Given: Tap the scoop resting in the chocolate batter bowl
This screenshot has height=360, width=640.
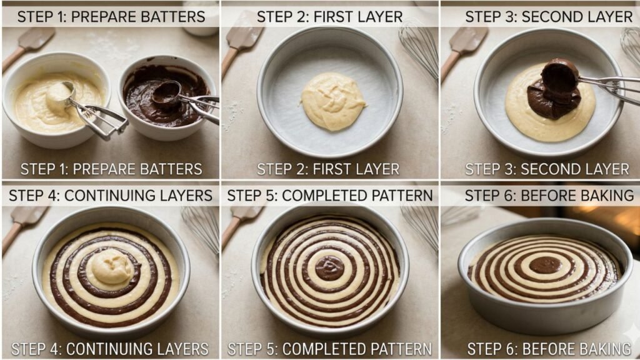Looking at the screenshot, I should (x=166, y=92).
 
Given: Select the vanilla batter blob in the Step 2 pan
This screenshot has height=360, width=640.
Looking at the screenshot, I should (x=333, y=101).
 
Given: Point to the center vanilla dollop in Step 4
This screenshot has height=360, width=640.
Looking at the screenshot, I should (x=109, y=269).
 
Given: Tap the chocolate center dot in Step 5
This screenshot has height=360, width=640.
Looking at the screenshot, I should (x=329, y=267).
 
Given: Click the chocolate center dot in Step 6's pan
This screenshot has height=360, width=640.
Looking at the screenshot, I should (x=545, y=264).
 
